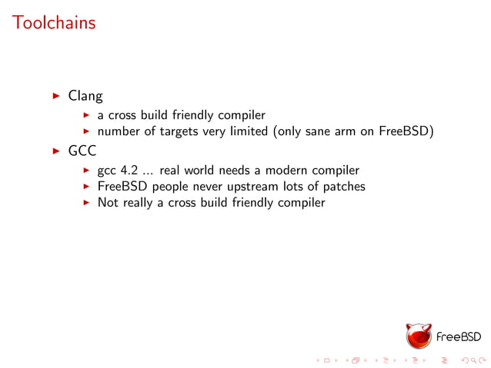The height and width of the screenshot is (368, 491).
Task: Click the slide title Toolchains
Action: (x=54, y=23)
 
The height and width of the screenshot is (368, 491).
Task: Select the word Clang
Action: (x=85, y=96)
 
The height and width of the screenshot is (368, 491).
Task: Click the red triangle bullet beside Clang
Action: (x=55, y=96)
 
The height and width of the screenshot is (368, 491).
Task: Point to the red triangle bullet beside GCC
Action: (x=55, y=151)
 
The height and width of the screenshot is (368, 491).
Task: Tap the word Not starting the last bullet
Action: (x=107, y=203)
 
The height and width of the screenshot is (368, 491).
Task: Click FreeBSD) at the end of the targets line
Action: (x=406, y=131)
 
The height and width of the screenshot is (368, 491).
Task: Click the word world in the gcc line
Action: (x=200, y=171)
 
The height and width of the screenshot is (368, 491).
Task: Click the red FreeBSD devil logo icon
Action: (x=419, y=337)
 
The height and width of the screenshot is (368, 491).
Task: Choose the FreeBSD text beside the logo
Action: (x=459, y=337)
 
